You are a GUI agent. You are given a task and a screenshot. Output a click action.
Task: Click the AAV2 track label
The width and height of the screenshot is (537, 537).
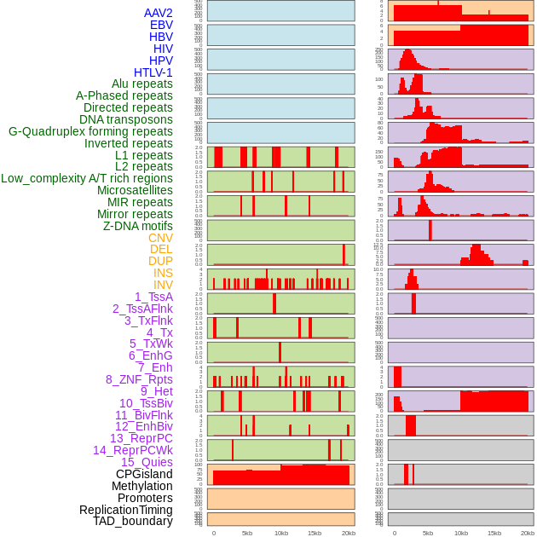(159, 14)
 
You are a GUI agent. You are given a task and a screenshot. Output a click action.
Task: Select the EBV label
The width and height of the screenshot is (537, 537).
(161, 26)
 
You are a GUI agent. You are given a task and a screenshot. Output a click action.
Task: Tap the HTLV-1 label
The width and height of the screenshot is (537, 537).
(153, 72)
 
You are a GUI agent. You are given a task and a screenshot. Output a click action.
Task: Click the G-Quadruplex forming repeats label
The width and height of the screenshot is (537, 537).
(90, 131)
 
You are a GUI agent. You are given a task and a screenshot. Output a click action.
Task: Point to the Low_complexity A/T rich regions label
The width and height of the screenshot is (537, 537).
(87, 178)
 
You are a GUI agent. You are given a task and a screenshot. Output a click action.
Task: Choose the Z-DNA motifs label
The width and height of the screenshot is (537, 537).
(138, 226)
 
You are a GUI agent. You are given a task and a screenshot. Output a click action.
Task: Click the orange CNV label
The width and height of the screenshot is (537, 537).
(160, 238)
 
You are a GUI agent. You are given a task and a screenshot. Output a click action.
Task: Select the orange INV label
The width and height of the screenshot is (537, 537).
(163, 285)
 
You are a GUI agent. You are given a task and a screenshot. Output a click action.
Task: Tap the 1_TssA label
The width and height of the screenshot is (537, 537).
(153, 297)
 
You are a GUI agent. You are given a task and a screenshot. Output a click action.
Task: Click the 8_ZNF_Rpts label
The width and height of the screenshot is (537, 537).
(139, 379)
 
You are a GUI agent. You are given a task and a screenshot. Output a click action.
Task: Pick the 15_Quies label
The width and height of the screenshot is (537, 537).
(147, 462)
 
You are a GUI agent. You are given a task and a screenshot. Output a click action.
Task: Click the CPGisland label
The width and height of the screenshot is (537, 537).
(144, 474)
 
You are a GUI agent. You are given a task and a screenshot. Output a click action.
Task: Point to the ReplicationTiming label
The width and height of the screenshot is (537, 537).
(126, 510)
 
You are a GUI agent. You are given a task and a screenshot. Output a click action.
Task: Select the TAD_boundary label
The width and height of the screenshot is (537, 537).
(133, 521)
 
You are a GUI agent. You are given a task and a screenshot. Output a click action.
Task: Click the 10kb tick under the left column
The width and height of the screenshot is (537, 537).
(281, 533)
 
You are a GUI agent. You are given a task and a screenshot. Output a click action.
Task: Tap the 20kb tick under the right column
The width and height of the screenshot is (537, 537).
(528, 533)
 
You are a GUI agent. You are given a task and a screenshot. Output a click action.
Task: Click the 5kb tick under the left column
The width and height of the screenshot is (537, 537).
(247, 533)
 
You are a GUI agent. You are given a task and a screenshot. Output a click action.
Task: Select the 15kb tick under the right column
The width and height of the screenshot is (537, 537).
(494, 533)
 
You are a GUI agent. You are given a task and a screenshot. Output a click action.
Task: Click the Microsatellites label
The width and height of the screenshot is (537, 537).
(135, 190)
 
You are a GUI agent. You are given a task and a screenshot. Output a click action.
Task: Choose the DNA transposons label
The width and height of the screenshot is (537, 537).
(126, 119)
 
